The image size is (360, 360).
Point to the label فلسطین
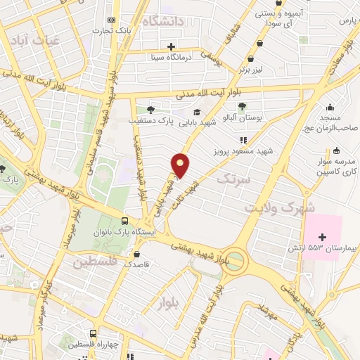pyautogui.click(x=92, y=262)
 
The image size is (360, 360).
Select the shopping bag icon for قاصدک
pyautogui.click(x=136, y=255)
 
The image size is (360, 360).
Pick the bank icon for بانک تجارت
pyautogui.click(x=112, y=20)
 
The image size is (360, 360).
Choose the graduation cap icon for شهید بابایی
pyautogui.click(x=198, y=111)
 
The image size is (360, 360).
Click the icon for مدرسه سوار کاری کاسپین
pyautogui.click(x=337, y=150)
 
